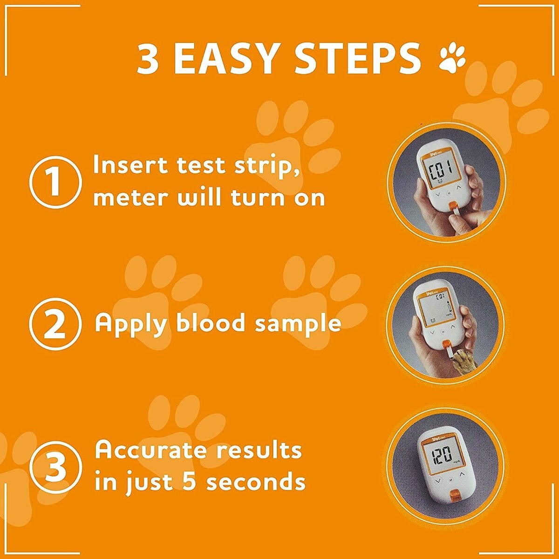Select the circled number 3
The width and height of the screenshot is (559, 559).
pos(55,468)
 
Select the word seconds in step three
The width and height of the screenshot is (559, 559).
pos(256,482)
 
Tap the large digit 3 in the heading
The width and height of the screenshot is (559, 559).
pos(148,59)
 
